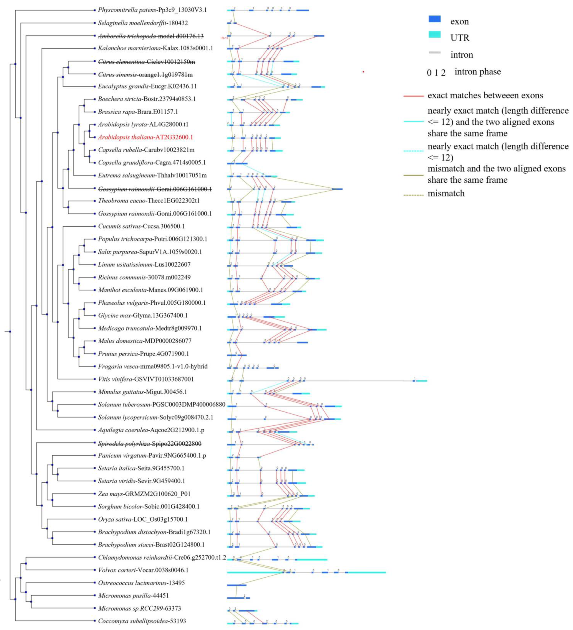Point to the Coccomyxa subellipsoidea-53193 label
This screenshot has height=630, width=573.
pos(142,621)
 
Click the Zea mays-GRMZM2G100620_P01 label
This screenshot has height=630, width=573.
pos(144,494)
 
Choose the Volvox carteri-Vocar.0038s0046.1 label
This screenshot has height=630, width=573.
pos(143,570)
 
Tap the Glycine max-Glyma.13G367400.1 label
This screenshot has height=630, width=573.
pos(143,315)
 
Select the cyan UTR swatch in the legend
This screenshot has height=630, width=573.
pos(434,35)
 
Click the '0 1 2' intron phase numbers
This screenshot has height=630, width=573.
pos(436,73)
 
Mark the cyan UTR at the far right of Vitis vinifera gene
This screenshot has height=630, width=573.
pos(422,381)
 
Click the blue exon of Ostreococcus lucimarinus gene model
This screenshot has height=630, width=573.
pos(237,585)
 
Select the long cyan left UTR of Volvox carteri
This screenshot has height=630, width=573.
pos(255,572)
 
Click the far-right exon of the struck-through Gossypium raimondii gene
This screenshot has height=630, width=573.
pos(337,189)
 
